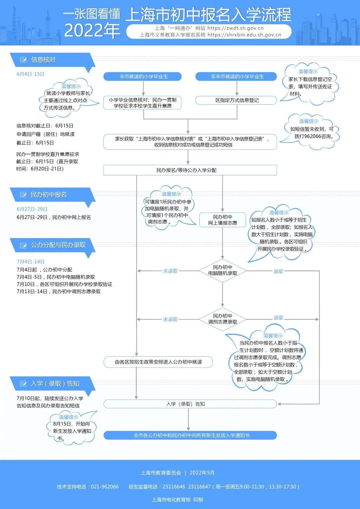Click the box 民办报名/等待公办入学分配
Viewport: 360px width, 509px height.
click(x=190, y=170)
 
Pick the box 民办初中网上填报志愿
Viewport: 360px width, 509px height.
click(x=222, y=220)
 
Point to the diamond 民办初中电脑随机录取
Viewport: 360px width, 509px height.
click(x=222, y=270)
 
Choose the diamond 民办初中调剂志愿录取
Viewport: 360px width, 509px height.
click(x=222, y=319)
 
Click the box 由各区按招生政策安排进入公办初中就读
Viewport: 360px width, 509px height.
click(x=158, y=362)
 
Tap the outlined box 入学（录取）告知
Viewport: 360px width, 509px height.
click(x=190, y=404)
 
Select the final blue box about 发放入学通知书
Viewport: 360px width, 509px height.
click(x=190, y=435)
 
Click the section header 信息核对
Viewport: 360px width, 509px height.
click(x=43, y=60)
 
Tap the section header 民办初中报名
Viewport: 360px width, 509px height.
click(x=49, y=195)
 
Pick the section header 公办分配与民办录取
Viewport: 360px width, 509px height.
click(x=58, y=245)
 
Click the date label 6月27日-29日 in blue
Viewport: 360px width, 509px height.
click(x=32, y=209)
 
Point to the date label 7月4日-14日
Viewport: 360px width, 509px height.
click(x=31, y=262)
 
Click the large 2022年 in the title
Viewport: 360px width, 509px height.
click(x=92, y=31)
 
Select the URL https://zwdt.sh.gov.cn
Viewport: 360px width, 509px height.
click(x=235, y=28)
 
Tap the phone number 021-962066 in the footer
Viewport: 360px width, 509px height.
click(x=105, y=487)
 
